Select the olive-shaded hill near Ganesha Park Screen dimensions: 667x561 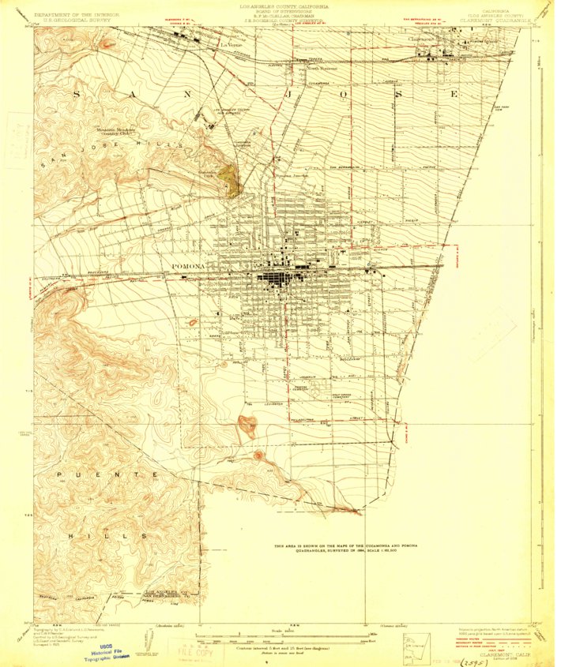230,181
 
